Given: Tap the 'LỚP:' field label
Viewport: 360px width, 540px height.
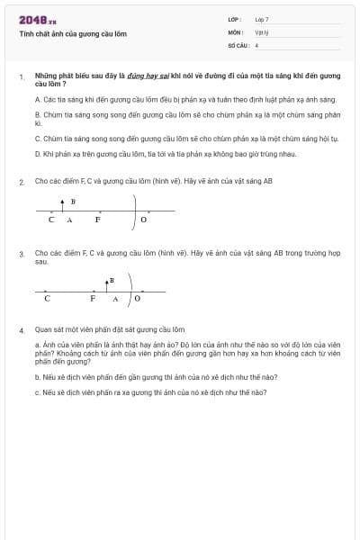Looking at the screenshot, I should coord(235,19).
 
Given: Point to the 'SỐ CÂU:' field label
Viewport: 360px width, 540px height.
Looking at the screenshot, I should coord(237,44).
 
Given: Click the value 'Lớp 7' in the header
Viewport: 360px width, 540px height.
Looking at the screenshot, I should coord(262,19).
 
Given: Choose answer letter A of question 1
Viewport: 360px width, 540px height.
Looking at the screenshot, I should coord(37,99).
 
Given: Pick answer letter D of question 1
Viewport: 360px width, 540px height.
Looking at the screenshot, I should coord(37,154).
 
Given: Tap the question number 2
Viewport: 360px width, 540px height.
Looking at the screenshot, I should coord(22,182).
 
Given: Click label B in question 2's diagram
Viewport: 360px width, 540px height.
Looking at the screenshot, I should coord(73,201).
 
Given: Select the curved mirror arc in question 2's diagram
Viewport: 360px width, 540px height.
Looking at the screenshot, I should coord(136,212).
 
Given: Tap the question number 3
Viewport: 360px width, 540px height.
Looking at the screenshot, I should coord(22,255).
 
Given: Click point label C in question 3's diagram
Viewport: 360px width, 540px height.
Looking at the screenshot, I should coord(47,298).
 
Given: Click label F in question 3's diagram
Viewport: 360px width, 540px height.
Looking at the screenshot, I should coord(93,298).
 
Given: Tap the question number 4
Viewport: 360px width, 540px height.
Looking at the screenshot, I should coord(22,330).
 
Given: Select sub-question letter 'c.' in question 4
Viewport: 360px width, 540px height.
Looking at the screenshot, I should coord(37,392).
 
